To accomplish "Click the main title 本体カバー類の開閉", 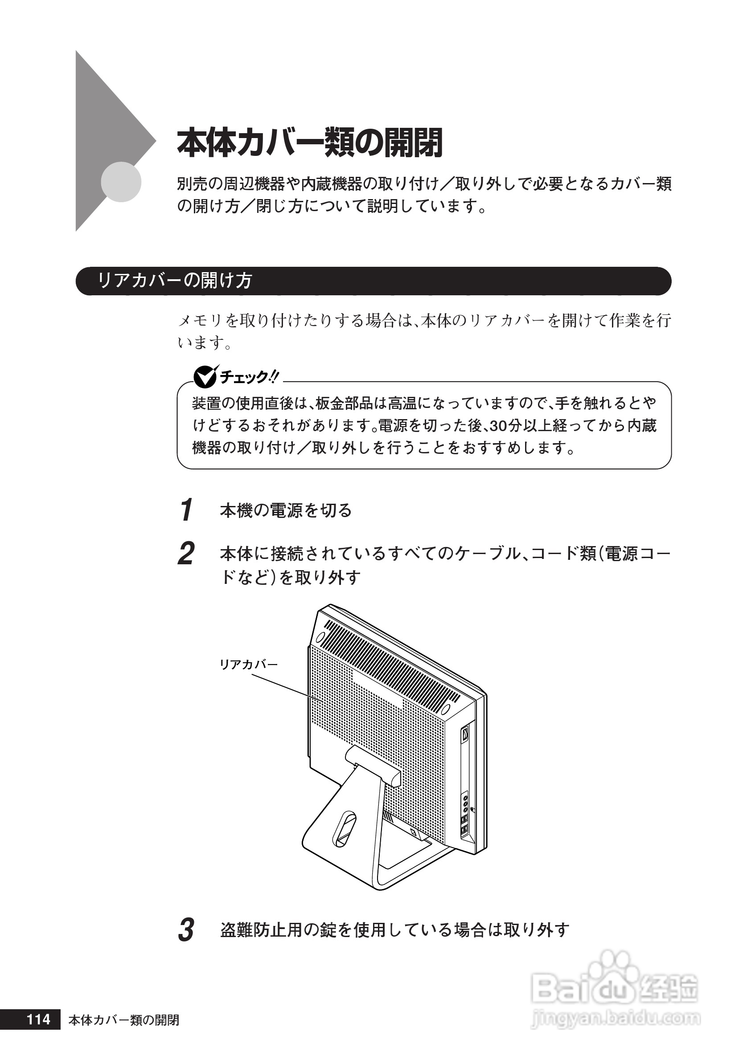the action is (309, 143).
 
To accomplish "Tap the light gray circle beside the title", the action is (121, 182).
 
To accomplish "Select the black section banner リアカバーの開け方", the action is (373, 281).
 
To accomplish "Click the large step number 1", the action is (186, 510).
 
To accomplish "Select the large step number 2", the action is (186, 554).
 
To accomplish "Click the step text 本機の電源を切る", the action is (286, 510).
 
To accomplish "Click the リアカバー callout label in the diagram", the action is (249, 665).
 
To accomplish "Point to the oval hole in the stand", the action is (345, 829).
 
